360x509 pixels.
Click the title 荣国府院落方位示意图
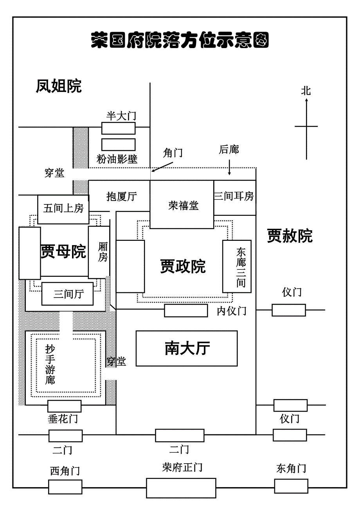coord(180,40)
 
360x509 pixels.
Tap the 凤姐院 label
coord(59,86)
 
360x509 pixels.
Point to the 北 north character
coord(306,91)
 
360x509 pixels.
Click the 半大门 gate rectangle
coord(119,128)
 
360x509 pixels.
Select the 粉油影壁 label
coord(117,159)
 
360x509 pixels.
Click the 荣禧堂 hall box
coord(182,205)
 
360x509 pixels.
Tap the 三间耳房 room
coord(234,197)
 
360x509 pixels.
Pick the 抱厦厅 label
coord(122,197)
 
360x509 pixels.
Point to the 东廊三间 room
coord(237,267)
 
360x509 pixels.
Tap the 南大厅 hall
coord(187,348)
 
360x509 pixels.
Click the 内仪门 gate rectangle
coord(186,310)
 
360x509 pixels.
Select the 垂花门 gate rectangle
coord(65,406)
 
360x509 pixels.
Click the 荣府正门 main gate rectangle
coord(181,488)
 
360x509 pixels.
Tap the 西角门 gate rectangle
coord(65,487)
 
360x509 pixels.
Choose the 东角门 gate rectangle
coord(291,486)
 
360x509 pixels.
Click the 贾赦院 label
coord(290,236)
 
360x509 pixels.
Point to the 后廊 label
coord(229,149)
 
